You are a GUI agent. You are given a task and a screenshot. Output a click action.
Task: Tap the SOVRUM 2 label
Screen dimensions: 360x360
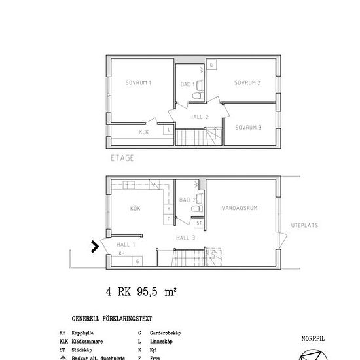click(x=248, y=82)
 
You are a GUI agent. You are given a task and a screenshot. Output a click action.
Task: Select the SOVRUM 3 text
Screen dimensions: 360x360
click(x=248, y=127)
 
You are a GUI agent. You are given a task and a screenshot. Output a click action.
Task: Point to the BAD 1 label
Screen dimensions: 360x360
click(x=188, y=84)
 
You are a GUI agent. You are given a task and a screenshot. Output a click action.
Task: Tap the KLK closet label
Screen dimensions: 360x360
click(x=143, y=132)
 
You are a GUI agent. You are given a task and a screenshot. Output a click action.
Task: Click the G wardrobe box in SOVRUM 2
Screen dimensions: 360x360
click(x=211, y=65)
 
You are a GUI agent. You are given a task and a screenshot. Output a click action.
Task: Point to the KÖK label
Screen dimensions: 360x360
click(x=135, y=209)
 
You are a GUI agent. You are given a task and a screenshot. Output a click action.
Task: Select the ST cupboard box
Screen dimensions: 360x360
click(x=198, y=223)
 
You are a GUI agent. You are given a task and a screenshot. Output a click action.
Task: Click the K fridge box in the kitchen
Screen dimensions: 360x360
click(x=169, y=209)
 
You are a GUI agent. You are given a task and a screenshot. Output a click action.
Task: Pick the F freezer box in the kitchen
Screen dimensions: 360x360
click(x=169, y=219)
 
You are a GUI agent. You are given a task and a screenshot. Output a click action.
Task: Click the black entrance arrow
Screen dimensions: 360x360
click(x=95, y=247)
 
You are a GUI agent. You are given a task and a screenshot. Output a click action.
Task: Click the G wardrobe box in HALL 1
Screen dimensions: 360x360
click(x=137, y=261)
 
